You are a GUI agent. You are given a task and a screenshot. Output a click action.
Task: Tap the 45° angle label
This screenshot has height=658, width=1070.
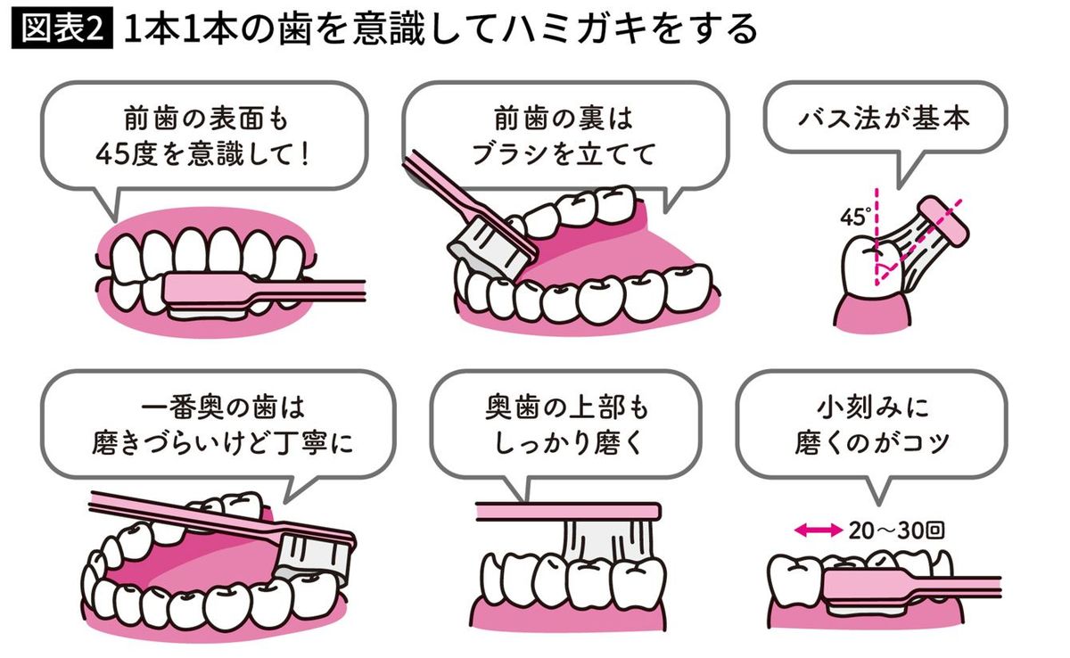click(853, 216)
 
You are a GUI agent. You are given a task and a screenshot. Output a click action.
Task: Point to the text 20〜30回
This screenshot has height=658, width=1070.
click(895, 531)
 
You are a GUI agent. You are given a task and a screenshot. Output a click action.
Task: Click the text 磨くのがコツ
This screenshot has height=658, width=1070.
click(873, 443)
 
